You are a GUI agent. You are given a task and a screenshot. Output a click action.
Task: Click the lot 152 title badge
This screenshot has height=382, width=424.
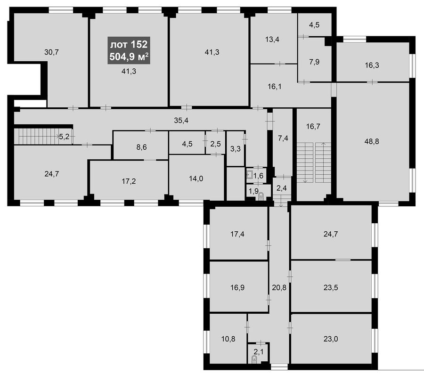pyautogui.click(x=129, y=50)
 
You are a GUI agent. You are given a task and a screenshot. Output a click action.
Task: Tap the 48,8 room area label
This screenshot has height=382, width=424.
pyautogui.click(x=372, y=141)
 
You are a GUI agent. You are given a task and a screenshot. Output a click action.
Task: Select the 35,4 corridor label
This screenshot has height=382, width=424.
pyautogui.click(x=181, y=121)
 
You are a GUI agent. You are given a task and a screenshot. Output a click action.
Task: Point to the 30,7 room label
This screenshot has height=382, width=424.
pyautogui.click(x=51, y=52)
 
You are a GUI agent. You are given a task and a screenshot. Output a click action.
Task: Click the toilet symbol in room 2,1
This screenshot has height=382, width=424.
pyautogui.click(x=254, y=359)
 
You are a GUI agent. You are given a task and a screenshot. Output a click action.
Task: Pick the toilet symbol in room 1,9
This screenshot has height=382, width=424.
pyautogui.click(x=261, y=196)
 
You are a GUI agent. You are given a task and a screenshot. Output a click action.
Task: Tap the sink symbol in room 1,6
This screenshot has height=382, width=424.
pyautogui.click(x=249, y=175)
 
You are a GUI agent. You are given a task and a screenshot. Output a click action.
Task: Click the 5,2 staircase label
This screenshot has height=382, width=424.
pyautogui.click(x=64, y=137)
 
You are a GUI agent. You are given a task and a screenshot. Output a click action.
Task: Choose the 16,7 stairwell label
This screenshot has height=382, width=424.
pyautogui.click(x=313, y=126)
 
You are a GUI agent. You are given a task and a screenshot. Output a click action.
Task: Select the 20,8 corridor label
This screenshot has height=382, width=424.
pyautogui.click(x=279, y=288)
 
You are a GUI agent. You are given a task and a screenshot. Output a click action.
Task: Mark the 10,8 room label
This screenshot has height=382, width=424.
pyautogui.click(x=228, y=339)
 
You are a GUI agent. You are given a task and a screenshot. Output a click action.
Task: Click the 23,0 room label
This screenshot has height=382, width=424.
pyautogui.click(x=331, y=339)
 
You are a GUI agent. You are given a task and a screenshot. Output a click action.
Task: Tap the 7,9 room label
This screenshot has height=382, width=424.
pyautogui.click(x=314, y=62)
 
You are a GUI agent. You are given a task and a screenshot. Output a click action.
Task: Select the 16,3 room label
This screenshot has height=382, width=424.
pyautogui.click(x=372, y=65)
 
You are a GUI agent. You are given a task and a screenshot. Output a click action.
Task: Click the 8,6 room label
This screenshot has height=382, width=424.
pyautogui.click(x=142, y=147)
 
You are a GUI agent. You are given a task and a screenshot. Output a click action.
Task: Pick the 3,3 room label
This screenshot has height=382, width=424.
pyautogui.click(x=236, y=149)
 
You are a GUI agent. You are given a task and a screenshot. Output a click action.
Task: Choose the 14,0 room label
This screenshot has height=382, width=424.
pyautogui.click(x=196, y=179)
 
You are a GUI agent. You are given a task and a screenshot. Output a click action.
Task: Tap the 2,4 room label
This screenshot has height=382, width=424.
pyautogui.click(x=282, y=188)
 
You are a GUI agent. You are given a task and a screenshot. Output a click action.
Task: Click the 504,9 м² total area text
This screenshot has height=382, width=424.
pyautogui.click(x=129, y=57)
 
